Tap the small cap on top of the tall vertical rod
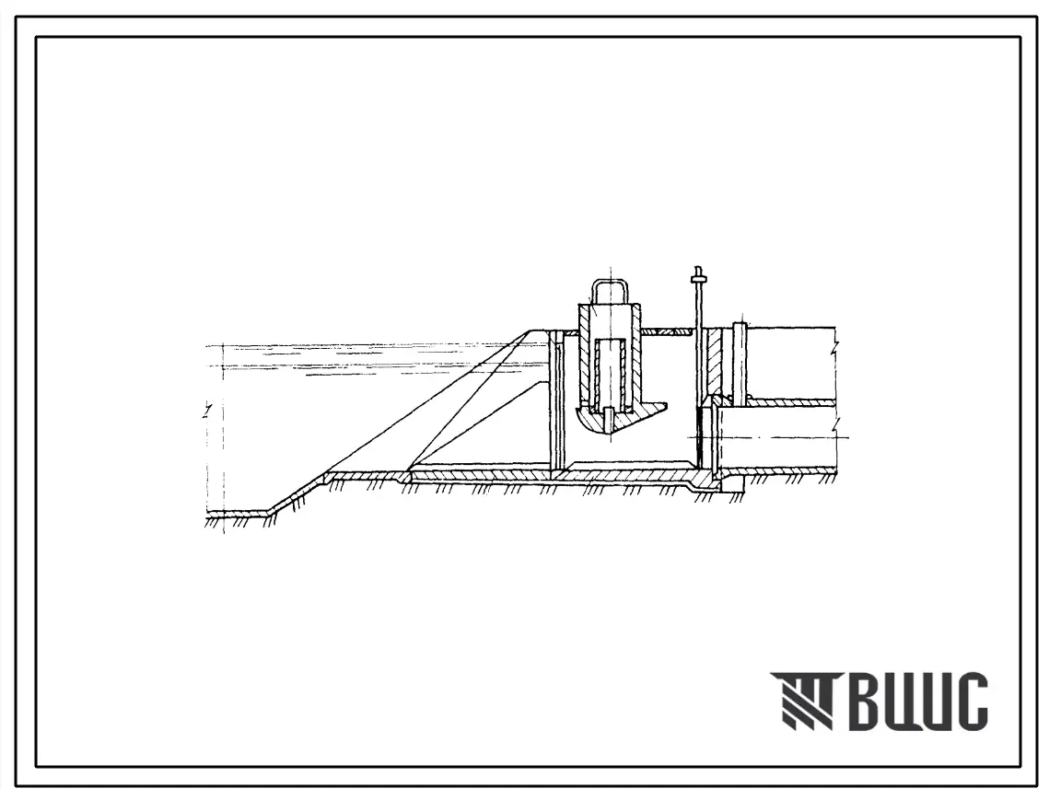click(698, 272)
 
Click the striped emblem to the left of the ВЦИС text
click(801, 700)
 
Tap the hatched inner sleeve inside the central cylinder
click(610, 371)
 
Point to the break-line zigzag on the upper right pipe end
click(834, 347)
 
